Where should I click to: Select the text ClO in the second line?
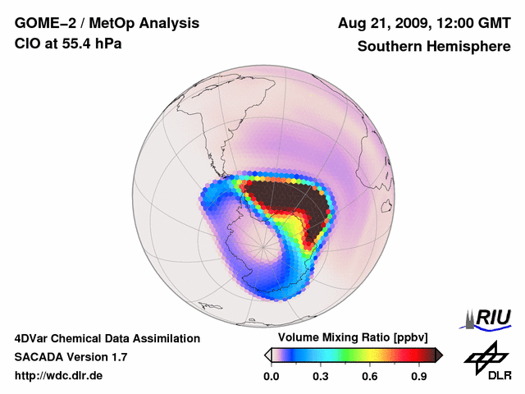tap(27, 44)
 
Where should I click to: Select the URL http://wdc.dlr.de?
tap(59, 376)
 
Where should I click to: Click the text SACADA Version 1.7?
tap(71, 357)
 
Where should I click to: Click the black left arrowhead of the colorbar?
tap(267, 355)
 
